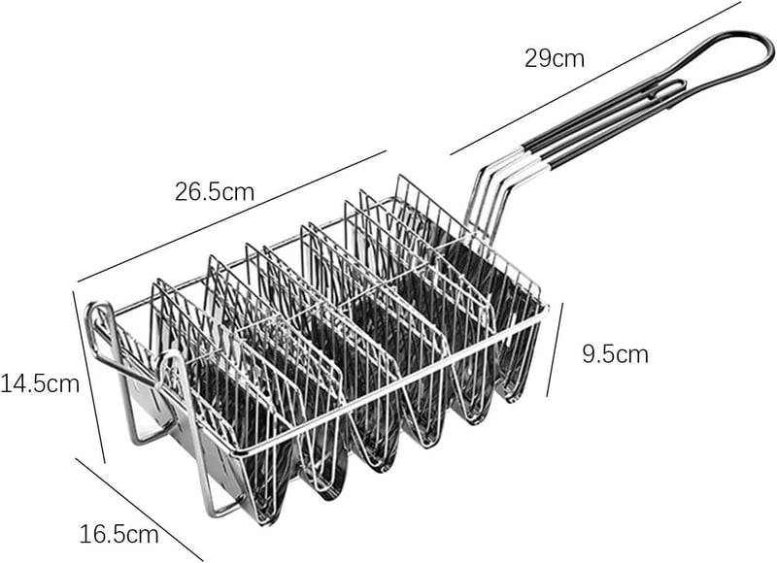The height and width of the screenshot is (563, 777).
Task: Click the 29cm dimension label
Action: tap(555, 58)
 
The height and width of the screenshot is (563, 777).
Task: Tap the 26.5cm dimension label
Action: tap(215, 191)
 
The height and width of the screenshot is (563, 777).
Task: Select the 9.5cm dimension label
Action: tap(615, 354)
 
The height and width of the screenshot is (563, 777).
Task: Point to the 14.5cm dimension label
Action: tap(40, 383)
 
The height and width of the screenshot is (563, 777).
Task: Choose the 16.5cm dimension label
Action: tap(119, 534)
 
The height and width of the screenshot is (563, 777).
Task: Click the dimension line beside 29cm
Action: tap(595, 79)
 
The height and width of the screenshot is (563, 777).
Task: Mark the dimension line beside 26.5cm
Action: tap(231, 216)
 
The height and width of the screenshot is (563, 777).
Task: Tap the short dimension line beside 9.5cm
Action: tap(555, 349)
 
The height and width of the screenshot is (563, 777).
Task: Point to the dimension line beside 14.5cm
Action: tap(89, 377)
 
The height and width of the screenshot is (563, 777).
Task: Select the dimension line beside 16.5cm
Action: tap(139, 510)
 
